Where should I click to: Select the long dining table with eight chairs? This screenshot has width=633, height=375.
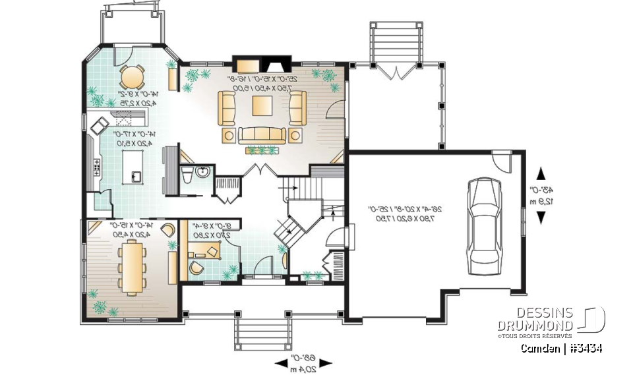133,265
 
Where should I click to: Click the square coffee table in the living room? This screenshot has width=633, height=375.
260,105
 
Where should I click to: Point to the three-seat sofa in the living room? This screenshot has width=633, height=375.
262,135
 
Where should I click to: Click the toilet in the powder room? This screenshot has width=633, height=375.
186,174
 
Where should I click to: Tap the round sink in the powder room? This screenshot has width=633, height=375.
203,173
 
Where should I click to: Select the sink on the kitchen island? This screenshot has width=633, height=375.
136,176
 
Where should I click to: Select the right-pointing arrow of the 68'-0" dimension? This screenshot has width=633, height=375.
326,362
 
